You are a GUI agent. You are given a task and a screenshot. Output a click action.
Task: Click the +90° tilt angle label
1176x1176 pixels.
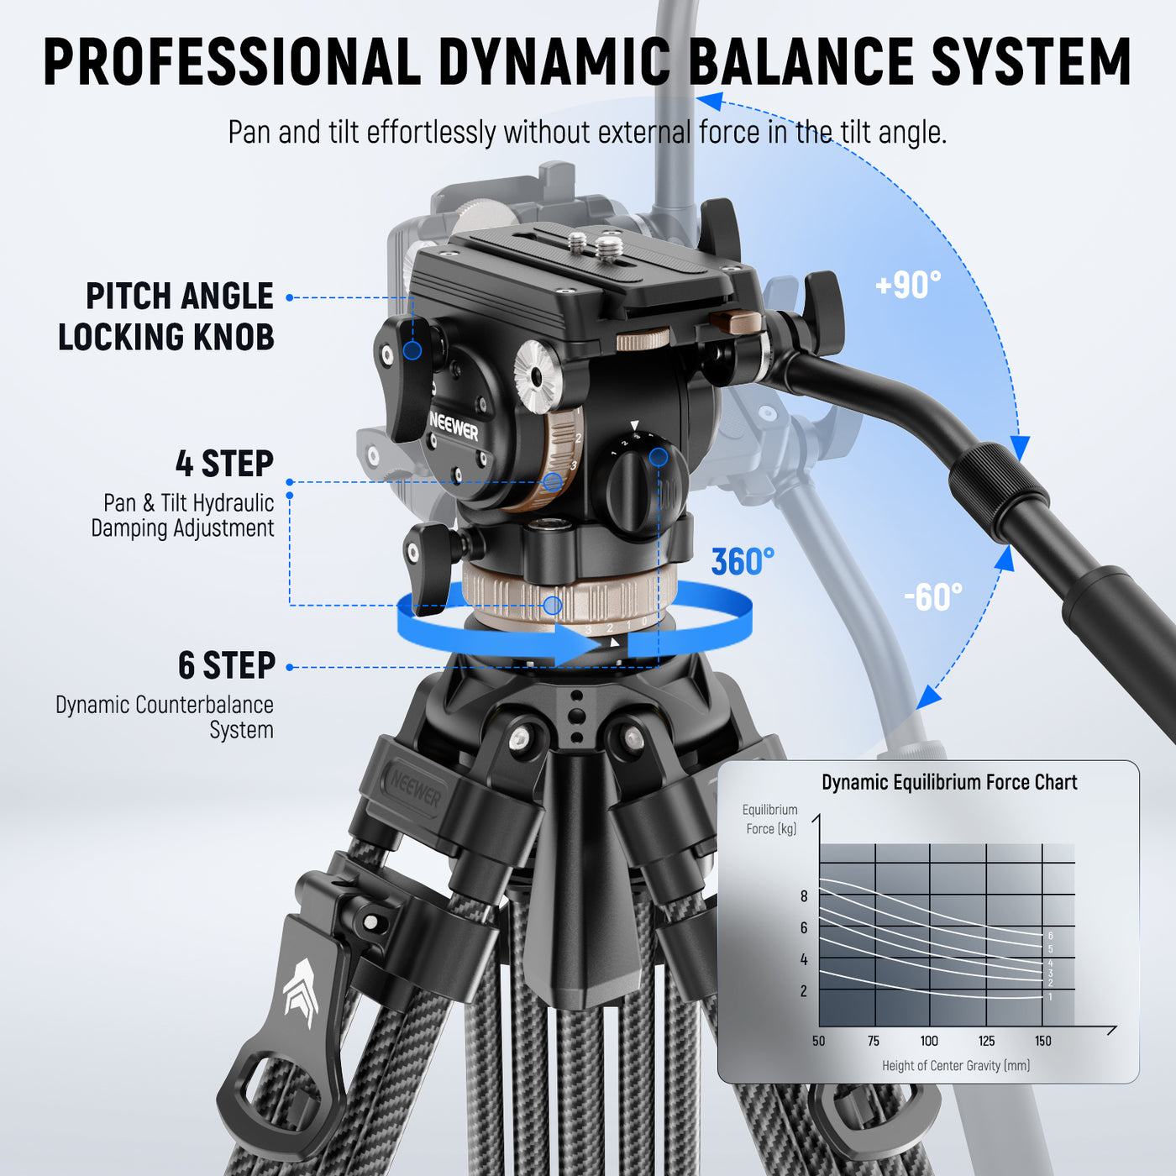908,286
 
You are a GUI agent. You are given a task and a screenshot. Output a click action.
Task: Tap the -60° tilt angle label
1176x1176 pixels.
933,597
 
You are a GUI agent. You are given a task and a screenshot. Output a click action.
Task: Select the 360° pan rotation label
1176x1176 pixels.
743,562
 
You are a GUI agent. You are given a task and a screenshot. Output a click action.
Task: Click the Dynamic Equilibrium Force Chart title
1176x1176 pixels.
948,782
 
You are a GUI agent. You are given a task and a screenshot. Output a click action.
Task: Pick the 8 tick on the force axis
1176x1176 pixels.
804,896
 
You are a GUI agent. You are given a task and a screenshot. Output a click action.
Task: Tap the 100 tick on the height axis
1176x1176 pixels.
929,1041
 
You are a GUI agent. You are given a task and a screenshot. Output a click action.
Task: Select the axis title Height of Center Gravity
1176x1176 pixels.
955,1065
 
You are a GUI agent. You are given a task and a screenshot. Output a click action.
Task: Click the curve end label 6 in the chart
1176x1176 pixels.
1050,936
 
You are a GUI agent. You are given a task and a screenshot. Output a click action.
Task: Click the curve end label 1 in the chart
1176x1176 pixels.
1050,997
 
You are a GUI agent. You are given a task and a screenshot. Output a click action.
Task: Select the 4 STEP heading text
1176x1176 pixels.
224,464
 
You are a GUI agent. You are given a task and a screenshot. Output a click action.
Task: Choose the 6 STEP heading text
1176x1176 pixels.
226,665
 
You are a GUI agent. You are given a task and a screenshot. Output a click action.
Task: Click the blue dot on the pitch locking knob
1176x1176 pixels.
412,350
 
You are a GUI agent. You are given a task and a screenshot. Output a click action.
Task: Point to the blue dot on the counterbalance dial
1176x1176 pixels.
659,457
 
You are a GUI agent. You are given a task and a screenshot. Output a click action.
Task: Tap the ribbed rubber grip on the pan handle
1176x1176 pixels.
998,491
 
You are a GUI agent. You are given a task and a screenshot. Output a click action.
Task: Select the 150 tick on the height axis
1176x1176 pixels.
1042,1041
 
